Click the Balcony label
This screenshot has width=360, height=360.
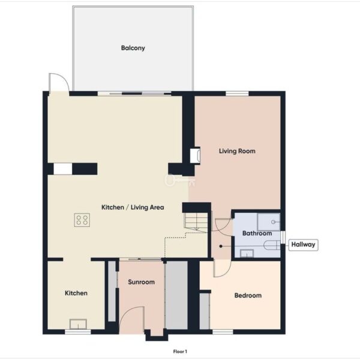pos(133,48)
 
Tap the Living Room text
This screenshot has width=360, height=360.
pos(237,151)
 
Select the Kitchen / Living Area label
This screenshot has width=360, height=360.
pos(133,208)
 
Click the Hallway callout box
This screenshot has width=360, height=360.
pos(303,245)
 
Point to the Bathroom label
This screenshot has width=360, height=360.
pos(257,233)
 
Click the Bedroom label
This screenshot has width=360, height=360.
pos(248,295)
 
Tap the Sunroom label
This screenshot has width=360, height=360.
pos(141,282)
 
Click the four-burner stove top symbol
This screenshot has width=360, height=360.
pos(82,220)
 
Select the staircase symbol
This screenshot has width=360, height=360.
pos(196,221)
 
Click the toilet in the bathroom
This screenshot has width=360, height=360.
pos(272,245)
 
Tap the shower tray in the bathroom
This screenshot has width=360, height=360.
pos(269,222)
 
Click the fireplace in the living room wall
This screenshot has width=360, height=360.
pos(195,155)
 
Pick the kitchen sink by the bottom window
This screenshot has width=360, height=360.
pos(78,324)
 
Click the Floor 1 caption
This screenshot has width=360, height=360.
pos(180,352)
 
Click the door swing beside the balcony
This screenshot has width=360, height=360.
pos(59,82)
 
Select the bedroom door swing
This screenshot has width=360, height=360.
pos(222,268)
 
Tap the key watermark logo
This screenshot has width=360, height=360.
pos(180,181)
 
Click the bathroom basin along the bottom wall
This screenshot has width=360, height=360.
pos(247,253)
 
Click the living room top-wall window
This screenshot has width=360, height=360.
pos(237,94)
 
